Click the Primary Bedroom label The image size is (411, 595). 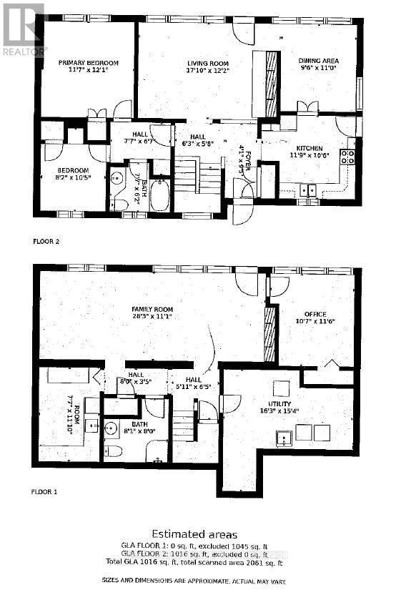click(x=88, y=67)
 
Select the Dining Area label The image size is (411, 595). click(x=318, y=65)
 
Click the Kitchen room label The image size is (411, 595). click(x=307, y=150)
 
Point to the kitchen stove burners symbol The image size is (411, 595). click(x=347, y=157)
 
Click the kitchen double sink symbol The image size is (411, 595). click(x=309, y=190)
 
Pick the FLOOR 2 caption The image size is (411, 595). click(x=47, y=242)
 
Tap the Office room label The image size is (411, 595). click(x=315, y=318)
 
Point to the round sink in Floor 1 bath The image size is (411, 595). click(x=110, y=430)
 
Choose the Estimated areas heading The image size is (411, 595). click(x=204, y=534)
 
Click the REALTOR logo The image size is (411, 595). click(x=24, y=29)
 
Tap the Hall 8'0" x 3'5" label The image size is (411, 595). click(x=136, y=378)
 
